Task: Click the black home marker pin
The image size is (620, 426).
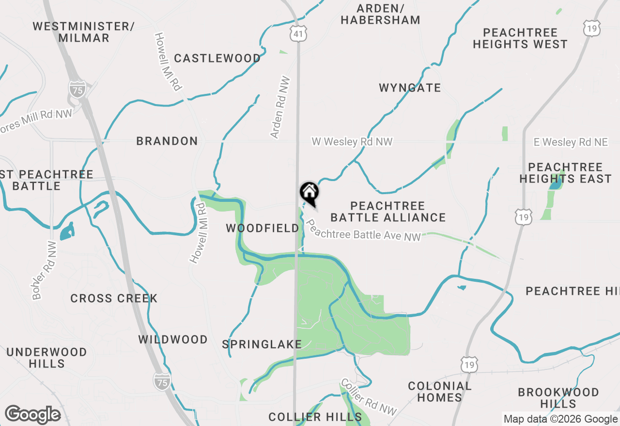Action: [x=309, y=193]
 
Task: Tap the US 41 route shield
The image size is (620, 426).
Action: [x=299, y=33]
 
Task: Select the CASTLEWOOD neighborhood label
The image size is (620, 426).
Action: [x=217, y=59]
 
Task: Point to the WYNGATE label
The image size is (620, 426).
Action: [x=410, y=88]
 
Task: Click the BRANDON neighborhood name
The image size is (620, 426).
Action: [x=167, y=141]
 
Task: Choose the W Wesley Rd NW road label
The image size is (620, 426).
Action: [x=352, y=142]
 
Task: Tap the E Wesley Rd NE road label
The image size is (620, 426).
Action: [x=571, y=142]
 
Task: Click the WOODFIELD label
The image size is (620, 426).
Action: [x=263, y=228]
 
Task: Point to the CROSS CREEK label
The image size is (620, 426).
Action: [x=114, y=298]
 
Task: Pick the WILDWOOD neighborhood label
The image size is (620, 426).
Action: [x=173, y=339]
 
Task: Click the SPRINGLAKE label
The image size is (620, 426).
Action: [x=262, y=344]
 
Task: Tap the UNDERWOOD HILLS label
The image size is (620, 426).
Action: [x=46, y=358]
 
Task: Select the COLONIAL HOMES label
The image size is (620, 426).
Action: [x=439, y=392]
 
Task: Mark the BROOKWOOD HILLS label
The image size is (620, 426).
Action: [x=558, y=397]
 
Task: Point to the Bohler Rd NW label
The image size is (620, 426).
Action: [x=44, y=270]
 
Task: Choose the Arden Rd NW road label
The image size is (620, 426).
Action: [x=280, y=107]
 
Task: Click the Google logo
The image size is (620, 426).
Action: [x=32, y=414]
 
